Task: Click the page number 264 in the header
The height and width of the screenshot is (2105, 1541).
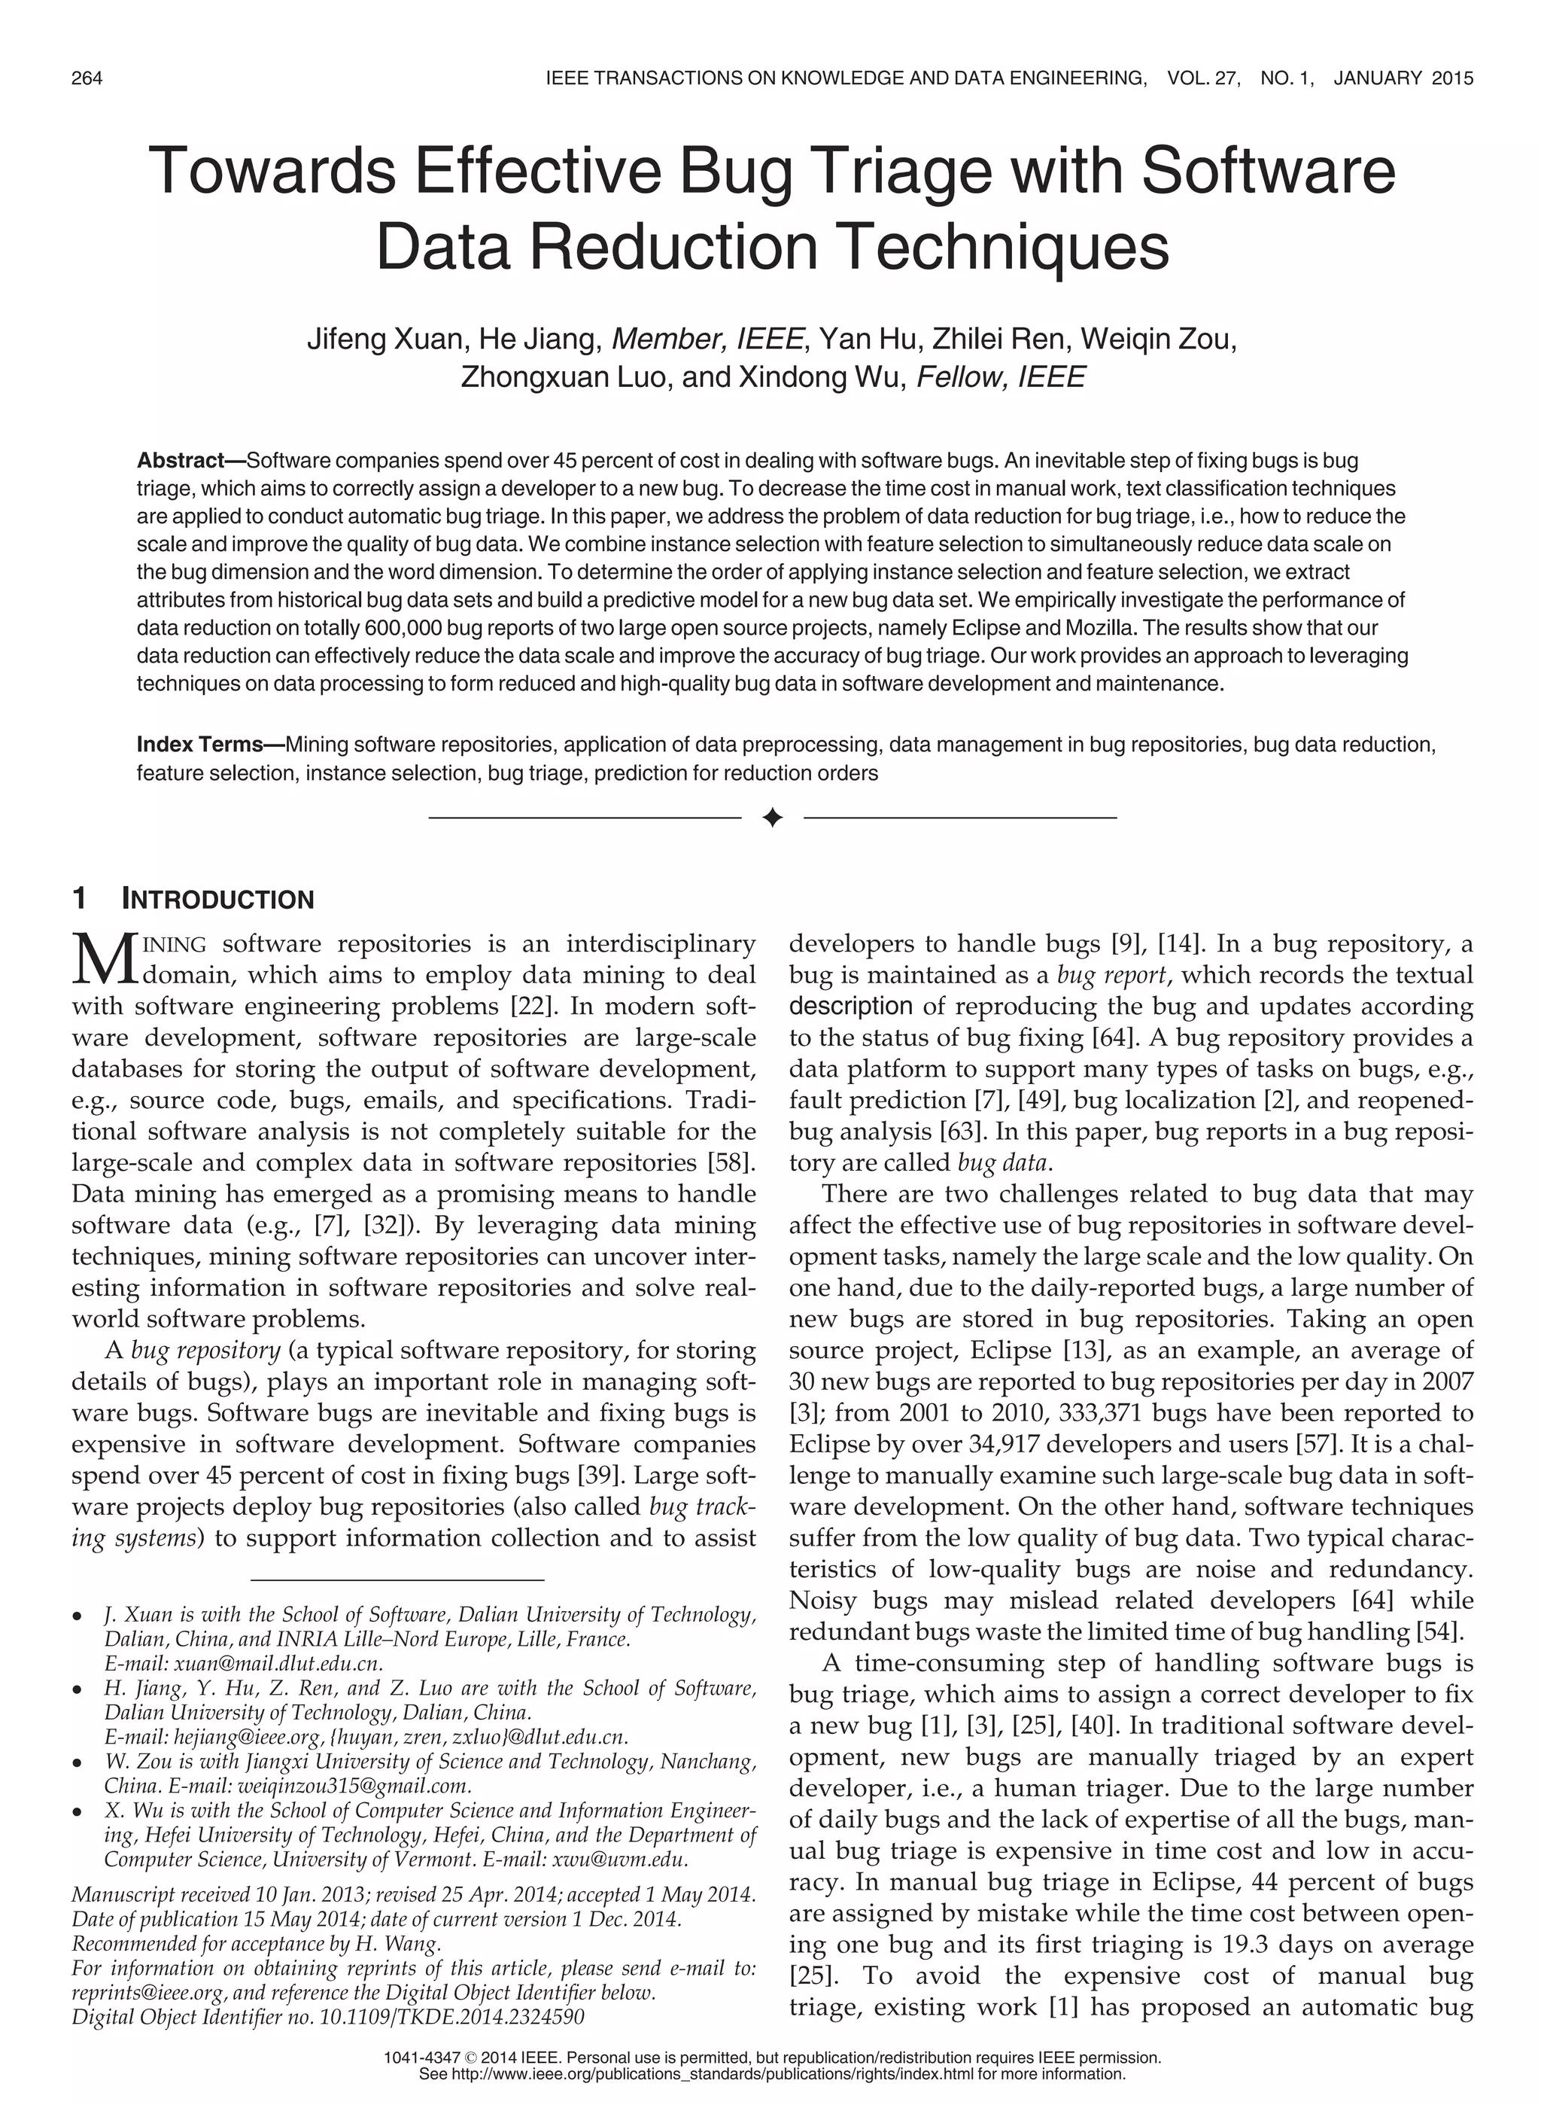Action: click(x=87, y=78)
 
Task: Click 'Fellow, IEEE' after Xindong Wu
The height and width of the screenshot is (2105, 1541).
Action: click(x=1001, y=377)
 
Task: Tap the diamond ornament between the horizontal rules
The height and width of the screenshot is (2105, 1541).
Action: click(x=771, y=818)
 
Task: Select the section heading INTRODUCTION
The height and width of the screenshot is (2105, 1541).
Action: click(x=218, y=900)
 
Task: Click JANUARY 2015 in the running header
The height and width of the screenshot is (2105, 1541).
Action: click(x=1403, y=78)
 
